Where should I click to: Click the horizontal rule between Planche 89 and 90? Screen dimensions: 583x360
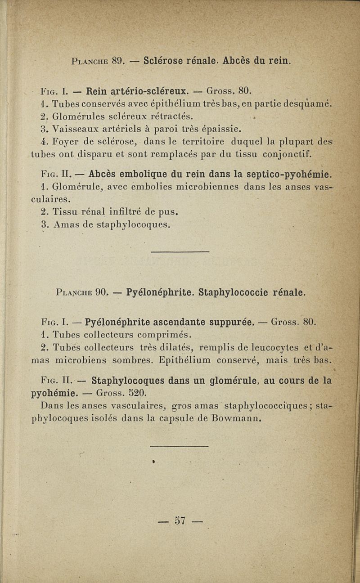pos(180,251)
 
